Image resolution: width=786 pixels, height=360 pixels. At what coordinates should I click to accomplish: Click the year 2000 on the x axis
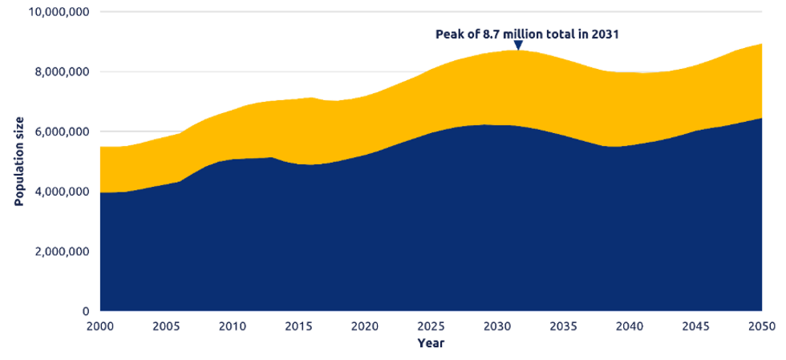coord(99,326)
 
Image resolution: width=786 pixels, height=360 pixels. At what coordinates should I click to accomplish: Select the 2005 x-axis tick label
coord(166,326)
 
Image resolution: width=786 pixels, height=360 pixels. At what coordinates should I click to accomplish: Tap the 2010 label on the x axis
coord(232,326)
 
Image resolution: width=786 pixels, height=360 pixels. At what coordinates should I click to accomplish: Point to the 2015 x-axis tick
coord(298,326)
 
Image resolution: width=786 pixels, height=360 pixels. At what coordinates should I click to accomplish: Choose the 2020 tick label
coord(364,326)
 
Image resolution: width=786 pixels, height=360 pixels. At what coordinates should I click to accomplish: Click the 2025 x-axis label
coord(431,326)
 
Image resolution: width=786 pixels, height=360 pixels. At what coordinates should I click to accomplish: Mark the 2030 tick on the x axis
coord(497,326)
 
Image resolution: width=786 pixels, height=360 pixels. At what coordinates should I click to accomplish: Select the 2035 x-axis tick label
coord(563,326)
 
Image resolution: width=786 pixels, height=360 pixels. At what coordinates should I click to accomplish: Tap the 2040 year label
coord(630,326)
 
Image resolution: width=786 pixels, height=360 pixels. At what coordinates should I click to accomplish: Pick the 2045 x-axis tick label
coord(695,326)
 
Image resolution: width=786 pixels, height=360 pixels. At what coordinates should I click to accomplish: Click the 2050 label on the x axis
coord(761,326)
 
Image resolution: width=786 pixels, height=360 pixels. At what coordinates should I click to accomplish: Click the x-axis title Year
coord(430,343)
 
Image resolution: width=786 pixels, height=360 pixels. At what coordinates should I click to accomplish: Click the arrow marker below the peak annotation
coord(517,45)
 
